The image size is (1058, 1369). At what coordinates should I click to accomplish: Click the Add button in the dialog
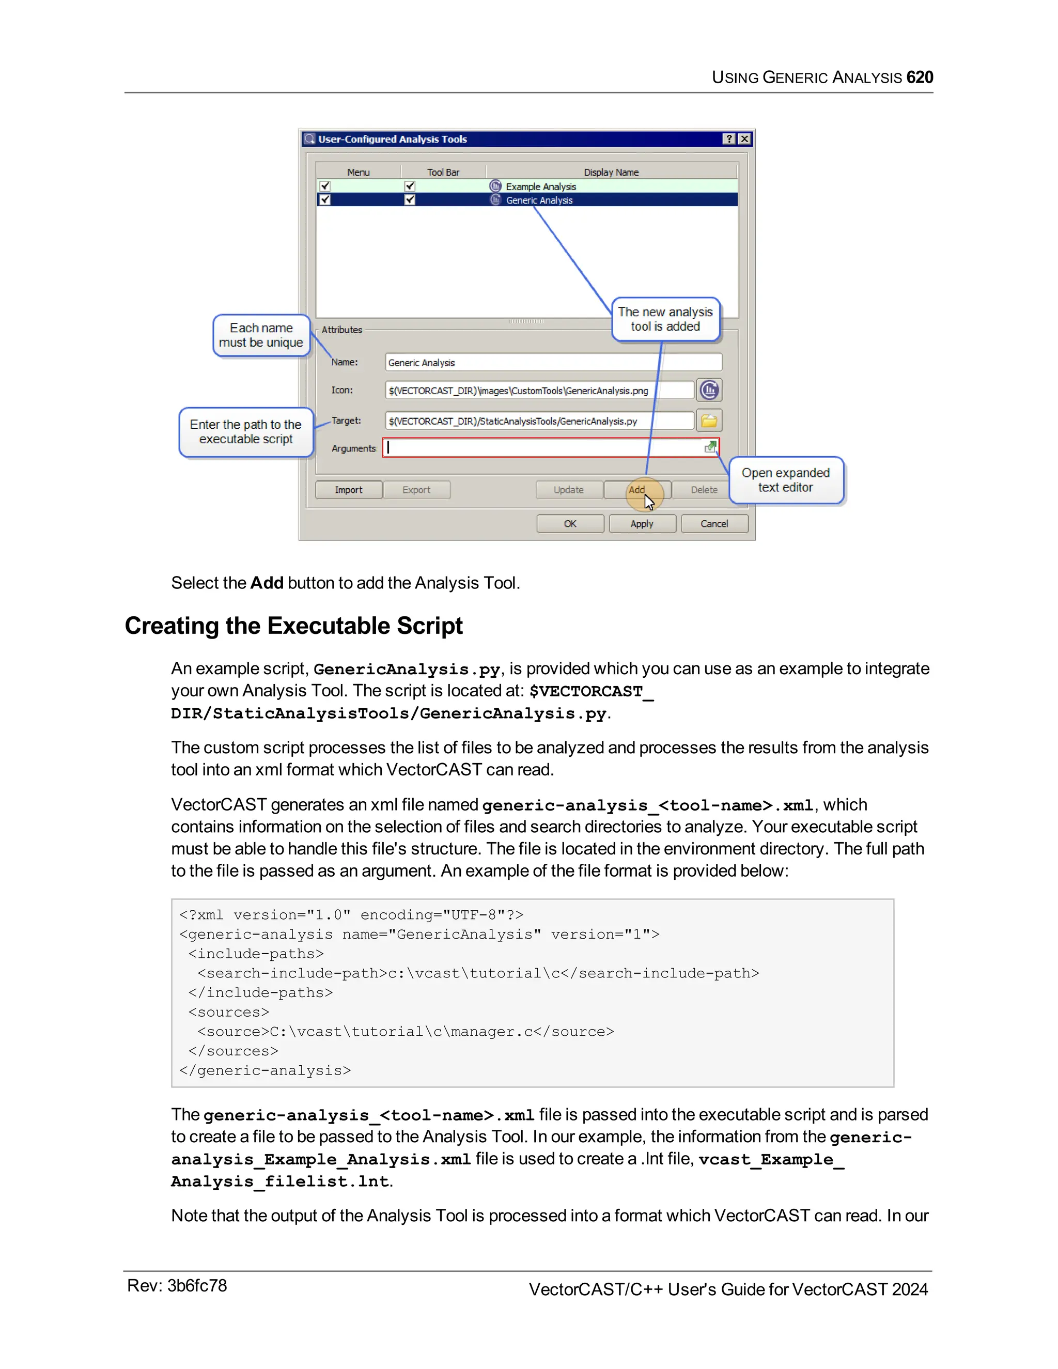tap(637, 490)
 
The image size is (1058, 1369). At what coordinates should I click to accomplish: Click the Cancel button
tap(714, 523)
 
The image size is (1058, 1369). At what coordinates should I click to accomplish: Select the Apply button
tap(642, 523)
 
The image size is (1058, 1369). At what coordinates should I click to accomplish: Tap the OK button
tap(570, 523)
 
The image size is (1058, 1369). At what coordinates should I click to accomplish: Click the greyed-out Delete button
tap(704, 490)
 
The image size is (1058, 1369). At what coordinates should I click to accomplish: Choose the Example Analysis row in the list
tap(540, 186)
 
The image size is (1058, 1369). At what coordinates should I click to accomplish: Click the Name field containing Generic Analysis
tap(553, 362)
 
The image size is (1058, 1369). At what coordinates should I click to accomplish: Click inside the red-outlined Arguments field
tap(546, 447)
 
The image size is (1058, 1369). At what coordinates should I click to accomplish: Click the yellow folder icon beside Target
tap(709, 421)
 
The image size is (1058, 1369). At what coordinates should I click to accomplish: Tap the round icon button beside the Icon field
tap(709, 390)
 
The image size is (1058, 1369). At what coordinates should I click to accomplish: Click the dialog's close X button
tap(744, 138)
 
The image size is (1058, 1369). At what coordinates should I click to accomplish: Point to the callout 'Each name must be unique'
tap(261, 335)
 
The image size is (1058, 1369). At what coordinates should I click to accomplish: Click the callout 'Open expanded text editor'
tap(785, 480)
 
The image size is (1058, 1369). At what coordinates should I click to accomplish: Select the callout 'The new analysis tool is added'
tap(665, 319)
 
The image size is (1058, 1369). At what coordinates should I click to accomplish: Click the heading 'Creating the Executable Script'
tap(293, 626)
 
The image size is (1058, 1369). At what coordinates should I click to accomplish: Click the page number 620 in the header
tap(920, 77)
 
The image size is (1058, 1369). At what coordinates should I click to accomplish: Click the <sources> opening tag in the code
tap(229, 1012)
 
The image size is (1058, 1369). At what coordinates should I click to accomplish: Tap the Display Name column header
tap(611, 172)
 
